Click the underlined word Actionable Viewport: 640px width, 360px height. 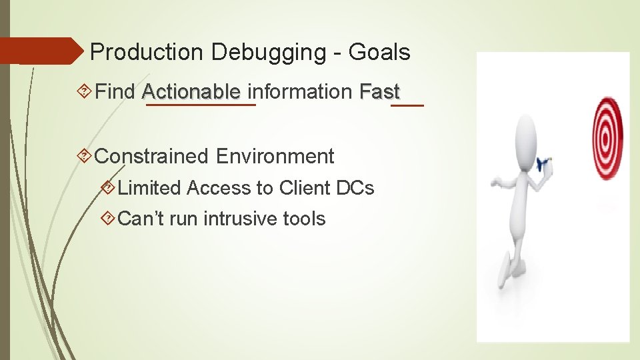[x=191, y=91]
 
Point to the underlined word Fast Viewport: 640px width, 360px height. [x=379, y=91]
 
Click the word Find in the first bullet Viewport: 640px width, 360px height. [x=115, y=91]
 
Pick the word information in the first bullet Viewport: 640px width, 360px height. [x=300, y=91]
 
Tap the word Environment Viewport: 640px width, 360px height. [x=275, y=156]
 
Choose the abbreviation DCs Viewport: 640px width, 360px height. [x=355, y=189]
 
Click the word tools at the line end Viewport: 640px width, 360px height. [x=303, y=219]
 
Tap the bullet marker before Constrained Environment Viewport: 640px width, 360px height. [x=85, y=157]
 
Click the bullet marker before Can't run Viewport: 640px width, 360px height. [x=108, y=219]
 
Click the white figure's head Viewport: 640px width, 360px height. [x=526, y=134]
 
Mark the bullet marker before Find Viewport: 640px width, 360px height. [x=85, y=91]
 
